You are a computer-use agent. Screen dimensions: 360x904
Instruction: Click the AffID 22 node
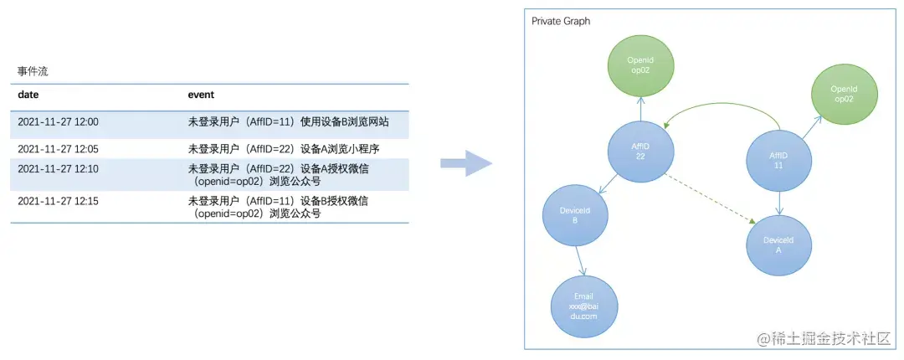(640, 151)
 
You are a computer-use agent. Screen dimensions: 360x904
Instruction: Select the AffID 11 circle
(778, 159)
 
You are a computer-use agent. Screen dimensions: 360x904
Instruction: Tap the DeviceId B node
(575, 215)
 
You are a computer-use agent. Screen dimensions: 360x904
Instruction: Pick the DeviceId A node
(779, 245)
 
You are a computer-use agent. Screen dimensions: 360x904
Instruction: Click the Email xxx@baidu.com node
(583, 306)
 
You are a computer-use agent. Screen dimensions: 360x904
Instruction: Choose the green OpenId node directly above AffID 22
(640, 65)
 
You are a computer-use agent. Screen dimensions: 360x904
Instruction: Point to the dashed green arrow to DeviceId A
(711, 198)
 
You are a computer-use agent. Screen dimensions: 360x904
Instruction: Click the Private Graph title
(561, 21)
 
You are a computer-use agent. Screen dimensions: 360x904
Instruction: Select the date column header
(28, 95)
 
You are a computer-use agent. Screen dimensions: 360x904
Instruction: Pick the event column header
(201, 95)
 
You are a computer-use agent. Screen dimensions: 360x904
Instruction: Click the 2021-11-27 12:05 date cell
(58, 149)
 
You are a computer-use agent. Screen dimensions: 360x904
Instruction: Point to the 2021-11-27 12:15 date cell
(58, 201)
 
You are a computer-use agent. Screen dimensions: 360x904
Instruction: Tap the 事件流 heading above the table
(33, 71)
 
